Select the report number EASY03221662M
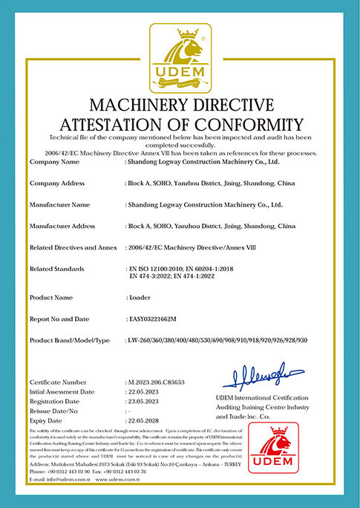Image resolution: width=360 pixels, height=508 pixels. click(x=158, y=319)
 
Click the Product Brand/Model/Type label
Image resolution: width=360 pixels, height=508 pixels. click(x=69, y=339)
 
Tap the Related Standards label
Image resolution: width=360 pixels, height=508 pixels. click(x=56, y=268)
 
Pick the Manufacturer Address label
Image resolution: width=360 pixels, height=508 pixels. click(x=62, y=225)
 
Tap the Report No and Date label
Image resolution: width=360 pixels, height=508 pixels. click(x=59, y=319)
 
